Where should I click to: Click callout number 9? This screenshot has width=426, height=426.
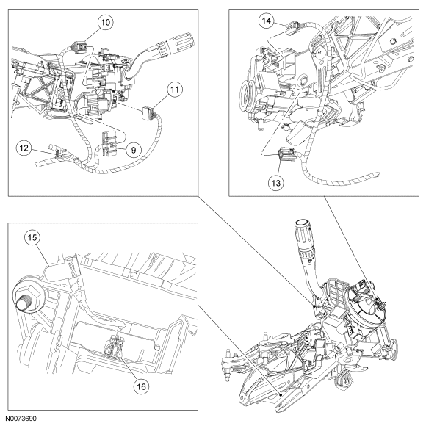(x=134, y=150)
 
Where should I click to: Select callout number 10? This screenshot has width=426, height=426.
(x=106, y=22)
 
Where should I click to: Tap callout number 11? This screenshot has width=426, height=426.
(x=174, y=89)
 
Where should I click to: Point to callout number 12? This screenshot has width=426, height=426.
(x=24, y=148)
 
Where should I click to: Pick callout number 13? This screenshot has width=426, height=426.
(x=275, y=183)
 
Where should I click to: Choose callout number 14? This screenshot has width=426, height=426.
(x=266, y=21)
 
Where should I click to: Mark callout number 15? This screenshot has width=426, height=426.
(x=32, y=237)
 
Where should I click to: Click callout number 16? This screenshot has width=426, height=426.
(x=141, y=386)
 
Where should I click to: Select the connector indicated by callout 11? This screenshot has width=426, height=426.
(x=148, y=112)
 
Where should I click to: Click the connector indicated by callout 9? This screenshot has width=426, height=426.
(x=109, y=143)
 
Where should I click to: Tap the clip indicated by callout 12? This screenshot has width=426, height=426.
(x=58, y=154)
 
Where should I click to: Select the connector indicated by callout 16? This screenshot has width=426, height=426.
(x=114, y=347)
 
